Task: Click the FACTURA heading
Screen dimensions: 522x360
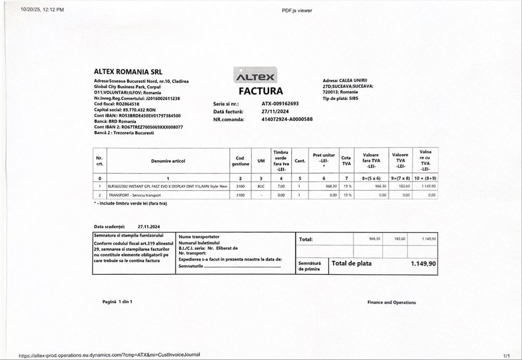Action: click(x=260, y=91)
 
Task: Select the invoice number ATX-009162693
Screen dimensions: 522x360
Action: click(x=280, y=103)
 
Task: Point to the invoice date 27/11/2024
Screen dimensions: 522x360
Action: click(x=274, y=111)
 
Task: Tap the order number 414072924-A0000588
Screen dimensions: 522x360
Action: click(x=287, y=119)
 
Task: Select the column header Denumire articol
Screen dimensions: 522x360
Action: click(x=168, y=161)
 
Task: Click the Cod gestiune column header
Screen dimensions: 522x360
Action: click(x=240, y=161)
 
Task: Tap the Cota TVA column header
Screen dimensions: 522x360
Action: click(x=346, y=161)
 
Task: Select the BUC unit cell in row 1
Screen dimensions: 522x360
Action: click(x=261, y=186)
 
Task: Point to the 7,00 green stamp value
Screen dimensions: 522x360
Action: click(x=281, y=186)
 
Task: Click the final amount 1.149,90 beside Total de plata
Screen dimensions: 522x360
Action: click(x=423, y=264)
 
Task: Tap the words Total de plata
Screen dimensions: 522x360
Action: click(x=352, y=264)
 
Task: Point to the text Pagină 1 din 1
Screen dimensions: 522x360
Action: click(x=117, y=302)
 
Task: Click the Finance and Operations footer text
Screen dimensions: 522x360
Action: click(x=391, y=303)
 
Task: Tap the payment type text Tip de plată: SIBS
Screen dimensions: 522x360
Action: click(x=341, y=98)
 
